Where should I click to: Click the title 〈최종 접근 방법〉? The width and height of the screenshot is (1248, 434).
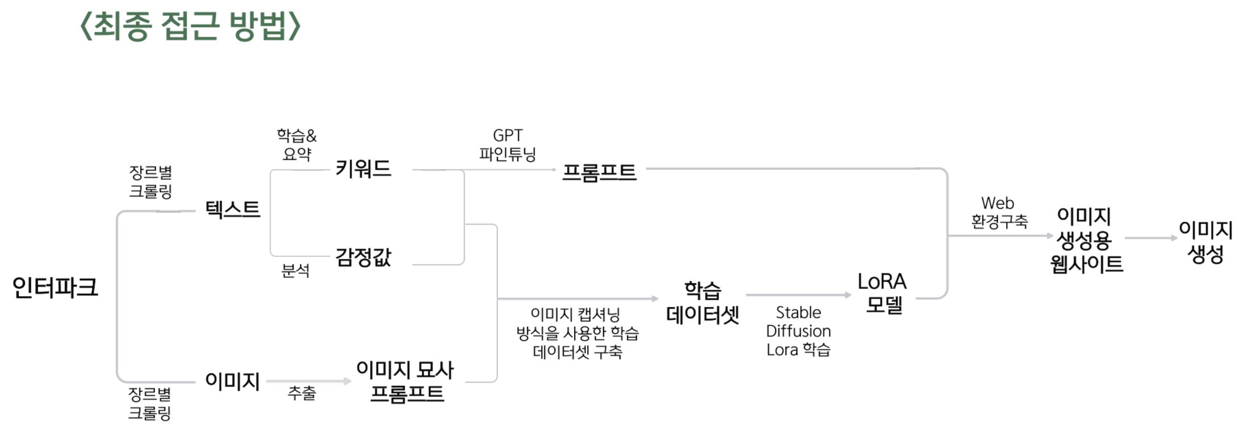(190, 26)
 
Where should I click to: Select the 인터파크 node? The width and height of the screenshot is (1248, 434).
(55, 288)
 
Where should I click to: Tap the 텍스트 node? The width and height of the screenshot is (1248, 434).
(232, 209)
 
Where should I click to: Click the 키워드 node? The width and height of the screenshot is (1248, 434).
(363, 168)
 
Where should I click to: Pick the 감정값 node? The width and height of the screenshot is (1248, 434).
(363, 257)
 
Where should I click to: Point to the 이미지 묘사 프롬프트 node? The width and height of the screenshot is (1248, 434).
(405, 381)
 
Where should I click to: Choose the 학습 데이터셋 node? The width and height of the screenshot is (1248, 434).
(702, 302)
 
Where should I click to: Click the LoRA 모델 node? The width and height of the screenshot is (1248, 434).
(882, 293)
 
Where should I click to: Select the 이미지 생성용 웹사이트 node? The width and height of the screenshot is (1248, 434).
(1086, 240)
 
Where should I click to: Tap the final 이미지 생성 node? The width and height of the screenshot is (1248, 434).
(1205, 241)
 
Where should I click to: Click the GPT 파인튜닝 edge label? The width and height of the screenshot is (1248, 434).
(508, 145)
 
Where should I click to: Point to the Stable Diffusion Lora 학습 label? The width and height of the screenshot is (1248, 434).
(798, 331)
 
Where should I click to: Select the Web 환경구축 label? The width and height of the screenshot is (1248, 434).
(999, 212)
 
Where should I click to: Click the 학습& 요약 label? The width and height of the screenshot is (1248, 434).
(296, 145)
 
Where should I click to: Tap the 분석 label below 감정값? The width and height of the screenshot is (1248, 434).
(296, 271)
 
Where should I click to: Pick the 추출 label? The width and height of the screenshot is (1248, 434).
(301, 393)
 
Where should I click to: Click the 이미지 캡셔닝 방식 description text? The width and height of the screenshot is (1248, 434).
(577, 333)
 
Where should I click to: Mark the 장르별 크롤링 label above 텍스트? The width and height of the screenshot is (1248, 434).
(150, 182)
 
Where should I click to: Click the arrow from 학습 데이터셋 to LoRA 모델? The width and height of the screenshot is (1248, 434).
(798, 295)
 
